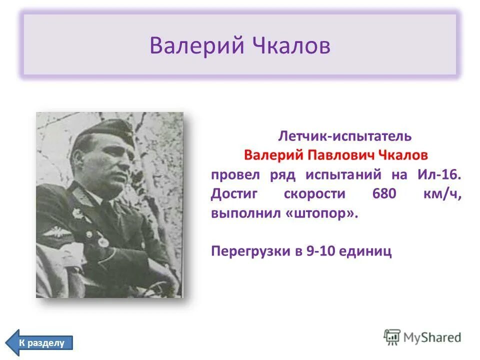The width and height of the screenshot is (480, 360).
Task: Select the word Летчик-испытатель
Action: (x=344, y=135)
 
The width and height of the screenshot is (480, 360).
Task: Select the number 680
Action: (x=384, y=194)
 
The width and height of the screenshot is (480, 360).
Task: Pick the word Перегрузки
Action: (x=246, y=250)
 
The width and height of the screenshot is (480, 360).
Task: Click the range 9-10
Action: (x=317, y=250)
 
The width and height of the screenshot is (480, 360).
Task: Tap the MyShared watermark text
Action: (x=432, y=337)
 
